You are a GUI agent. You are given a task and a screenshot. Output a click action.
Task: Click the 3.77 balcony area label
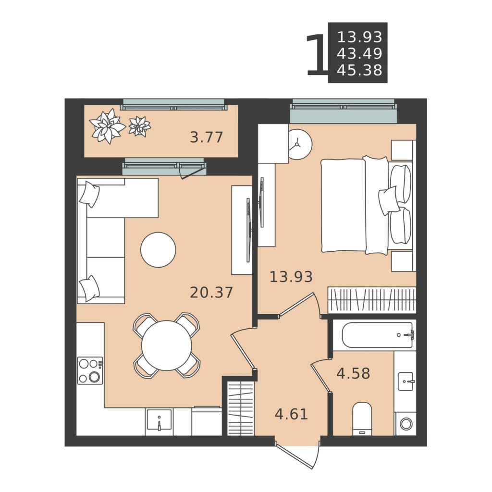(x=207, y=137)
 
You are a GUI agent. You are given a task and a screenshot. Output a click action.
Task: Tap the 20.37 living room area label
(x=211, y=293)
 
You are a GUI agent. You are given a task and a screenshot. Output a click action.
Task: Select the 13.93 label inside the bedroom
(x=291, y=277)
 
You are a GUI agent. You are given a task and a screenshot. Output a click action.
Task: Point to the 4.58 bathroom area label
(x=353, y=373)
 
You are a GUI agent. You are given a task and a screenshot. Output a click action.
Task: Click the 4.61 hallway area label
(x=291, y=414)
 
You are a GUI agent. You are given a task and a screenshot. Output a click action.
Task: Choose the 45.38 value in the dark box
(x=359, y=70)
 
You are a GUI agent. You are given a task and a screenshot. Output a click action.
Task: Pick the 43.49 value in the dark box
(x=359, y=54)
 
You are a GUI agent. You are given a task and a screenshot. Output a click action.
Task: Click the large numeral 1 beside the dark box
(x=316, y=55)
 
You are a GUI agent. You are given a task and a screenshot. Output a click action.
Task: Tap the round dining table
(x=167, y=345)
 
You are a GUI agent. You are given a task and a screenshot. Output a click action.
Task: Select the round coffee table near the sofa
(x=158, y=250)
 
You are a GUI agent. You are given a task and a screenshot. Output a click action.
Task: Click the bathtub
(x=378, y=335)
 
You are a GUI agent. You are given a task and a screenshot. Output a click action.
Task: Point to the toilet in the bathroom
(x=362, y=418)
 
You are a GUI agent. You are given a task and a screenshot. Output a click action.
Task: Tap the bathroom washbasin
(x=406, y=381)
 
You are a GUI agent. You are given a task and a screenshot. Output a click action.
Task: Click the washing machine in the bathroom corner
(x=406, y=424)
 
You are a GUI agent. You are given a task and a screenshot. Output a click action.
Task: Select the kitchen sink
(x=159, y=419)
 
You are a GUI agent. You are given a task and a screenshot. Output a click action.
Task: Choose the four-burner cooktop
(x=90, y=370)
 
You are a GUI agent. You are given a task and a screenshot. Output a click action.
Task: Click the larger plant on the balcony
(x=107, y=126)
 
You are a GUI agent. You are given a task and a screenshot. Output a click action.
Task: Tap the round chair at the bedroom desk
(x=300, y=145)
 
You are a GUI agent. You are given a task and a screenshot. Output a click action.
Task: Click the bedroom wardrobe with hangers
(x=372, y=300)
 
